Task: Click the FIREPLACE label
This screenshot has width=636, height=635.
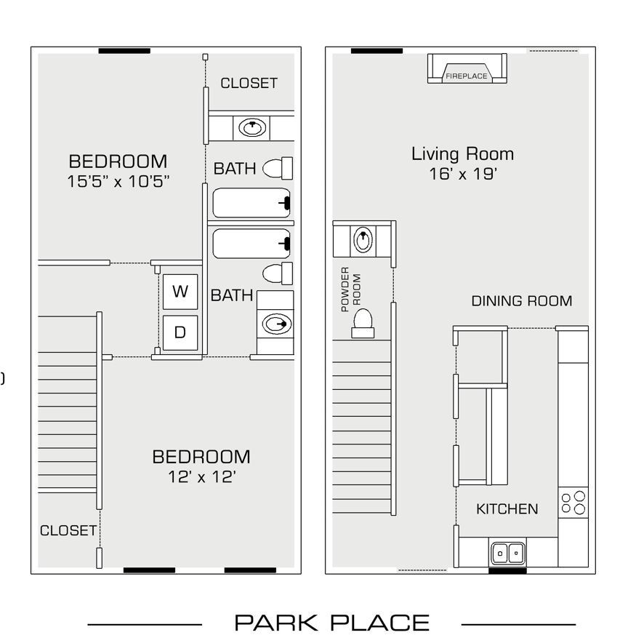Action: click(x=467, y=76)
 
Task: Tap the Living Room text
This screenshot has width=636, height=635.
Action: click(x=462, y=154)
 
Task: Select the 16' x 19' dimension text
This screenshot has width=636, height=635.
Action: click(x=462, y=175)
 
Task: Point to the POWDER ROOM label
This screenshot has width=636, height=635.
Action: click(x=350, y=289)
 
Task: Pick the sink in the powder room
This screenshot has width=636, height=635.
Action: click(x=363, y=239)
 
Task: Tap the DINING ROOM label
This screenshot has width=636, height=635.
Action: click(x=521, y=300)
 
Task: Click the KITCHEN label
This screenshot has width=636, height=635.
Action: click(x=507, y=509)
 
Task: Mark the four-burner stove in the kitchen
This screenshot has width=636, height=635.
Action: click(x=573, y=503)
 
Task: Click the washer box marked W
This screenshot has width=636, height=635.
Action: click(x=180, y=292)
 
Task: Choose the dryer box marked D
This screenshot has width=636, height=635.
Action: click(x=180, y=332)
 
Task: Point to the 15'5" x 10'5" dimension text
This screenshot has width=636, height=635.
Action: click(x=118, y=182)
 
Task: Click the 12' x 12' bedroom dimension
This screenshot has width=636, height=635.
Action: click(x=201, y=477)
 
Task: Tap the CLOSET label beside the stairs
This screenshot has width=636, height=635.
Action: click(x=68, y=531)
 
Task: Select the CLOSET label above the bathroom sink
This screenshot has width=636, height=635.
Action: click(x=249, y=83)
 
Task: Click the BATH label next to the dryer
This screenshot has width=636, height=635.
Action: click(x=232, y=295)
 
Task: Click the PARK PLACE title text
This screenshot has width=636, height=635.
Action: click(x=331, y=623)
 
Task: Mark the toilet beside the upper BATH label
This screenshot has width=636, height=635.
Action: click(x=277, y=168)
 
